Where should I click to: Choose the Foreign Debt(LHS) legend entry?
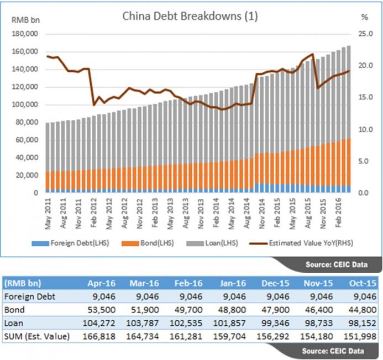click(x=72, y=242)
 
